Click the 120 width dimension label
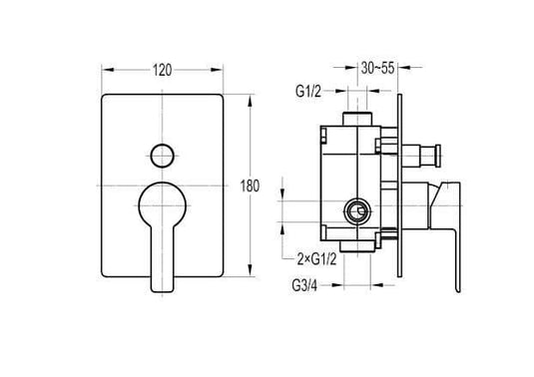click(x=162, y=71)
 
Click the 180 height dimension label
click(x=250, y=187)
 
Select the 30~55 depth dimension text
click(x=377, y=68)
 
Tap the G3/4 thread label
click(x=304, y=285)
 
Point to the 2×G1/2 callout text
click(x=316, y=259)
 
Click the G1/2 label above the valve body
click(x=308, y=92)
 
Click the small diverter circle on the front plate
click(x=163, y=156)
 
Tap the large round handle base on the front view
click(x=163, y=205)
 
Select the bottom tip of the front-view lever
click(x=163, y=291)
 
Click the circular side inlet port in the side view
click(x=357, y=212)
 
